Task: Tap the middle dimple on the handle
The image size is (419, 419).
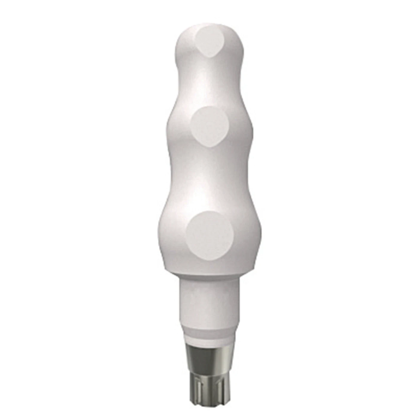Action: [x=210, y=124]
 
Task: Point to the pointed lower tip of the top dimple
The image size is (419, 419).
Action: [x=211, y=57]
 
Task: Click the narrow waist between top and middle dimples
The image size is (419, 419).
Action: [x=209, y=85]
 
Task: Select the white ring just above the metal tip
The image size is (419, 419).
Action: [x=209, y=340]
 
